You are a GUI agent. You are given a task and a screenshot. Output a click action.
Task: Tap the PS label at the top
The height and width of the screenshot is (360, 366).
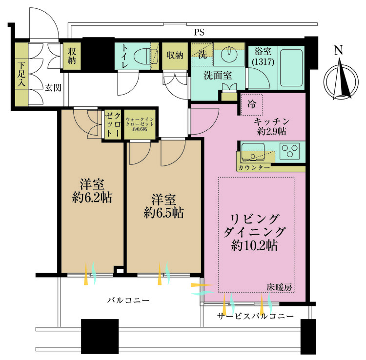tap(198, 33)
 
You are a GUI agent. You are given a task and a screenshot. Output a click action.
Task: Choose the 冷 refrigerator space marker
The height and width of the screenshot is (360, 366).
tap(252, 103)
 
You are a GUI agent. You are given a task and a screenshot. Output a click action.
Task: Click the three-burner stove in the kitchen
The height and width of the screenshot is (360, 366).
tap(291, 150)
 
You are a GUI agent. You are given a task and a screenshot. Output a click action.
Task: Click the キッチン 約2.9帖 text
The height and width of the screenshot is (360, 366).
tap(271, 126)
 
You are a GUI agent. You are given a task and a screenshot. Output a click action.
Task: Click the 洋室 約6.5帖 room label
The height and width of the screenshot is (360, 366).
tap(163, 206)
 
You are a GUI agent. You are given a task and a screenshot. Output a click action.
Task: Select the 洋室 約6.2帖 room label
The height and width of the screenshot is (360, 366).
tap(92, 191)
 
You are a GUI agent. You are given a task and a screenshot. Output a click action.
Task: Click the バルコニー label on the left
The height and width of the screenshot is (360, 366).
tap(128, 300)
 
